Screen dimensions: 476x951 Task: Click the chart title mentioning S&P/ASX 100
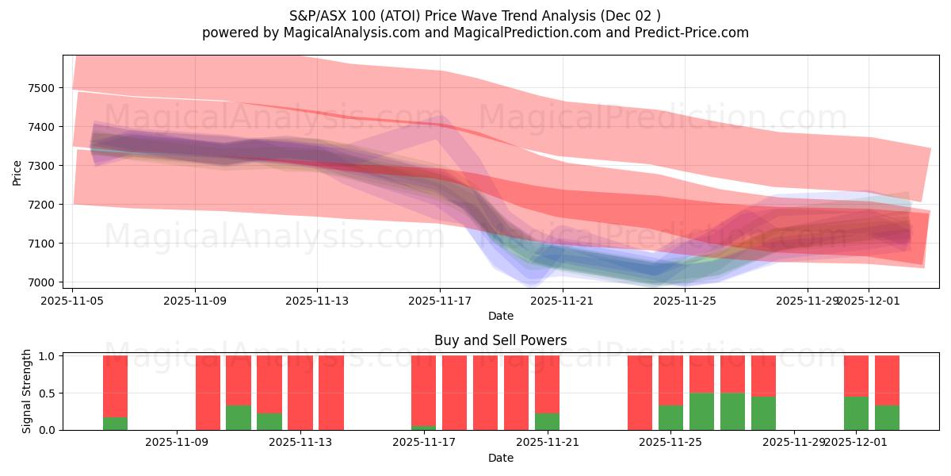(x=475, y=15)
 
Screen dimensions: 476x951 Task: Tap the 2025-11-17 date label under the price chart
(x=440, y=301)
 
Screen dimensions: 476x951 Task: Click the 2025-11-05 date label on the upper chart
(x=73, y=301)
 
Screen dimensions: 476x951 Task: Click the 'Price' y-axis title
(x=17, y=172)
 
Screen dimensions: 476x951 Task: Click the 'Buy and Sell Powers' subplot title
(x=500, y=340)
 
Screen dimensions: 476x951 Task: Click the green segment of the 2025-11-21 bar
(x=547, y=421)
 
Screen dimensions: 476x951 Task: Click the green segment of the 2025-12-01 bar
(x=856, y=413)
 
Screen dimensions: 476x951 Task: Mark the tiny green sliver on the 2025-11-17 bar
(x=423, y=428)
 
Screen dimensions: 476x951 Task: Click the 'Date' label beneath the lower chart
(x=500, y=458)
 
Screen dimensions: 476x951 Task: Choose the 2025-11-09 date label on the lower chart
(x=177, y=442)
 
